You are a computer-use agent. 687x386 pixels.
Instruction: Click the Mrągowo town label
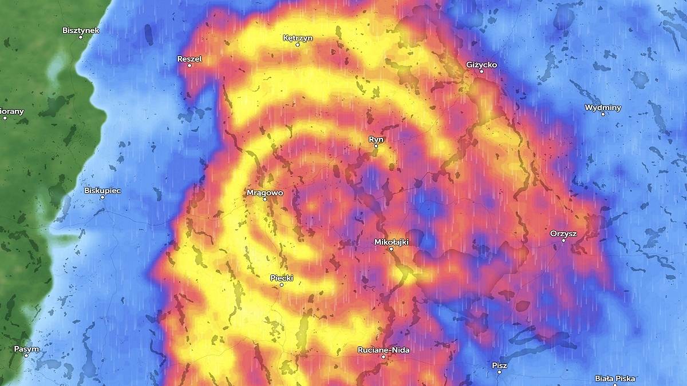click(x=264, y=193)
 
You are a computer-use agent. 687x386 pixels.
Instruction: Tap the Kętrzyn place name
click(x=298, y=38)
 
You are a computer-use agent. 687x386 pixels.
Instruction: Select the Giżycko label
click(x=481, y=65)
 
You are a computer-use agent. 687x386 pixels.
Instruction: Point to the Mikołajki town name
click(x=392, y=242)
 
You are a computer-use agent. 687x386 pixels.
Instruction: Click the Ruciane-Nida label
click(x=384, y=349)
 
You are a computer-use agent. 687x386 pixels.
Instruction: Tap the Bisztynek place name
click(x=81, y=30)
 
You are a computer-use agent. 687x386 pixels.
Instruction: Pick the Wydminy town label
click(x=603, y=108)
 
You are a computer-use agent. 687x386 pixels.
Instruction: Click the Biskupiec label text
click(x=102, y=190)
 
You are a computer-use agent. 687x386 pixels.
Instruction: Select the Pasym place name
click(x=27, y=348)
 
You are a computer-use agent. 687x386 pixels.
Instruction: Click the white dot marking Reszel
click(x=189, y=65)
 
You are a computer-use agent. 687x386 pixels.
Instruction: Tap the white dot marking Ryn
click(x=376, y=146)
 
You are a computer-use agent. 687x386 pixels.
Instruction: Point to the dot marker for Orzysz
click(x=563, y=240)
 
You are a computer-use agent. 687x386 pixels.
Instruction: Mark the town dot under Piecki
click(x=281, y=285)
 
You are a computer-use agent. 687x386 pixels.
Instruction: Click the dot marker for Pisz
click(x=499, y=372)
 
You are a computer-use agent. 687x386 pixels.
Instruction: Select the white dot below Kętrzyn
click(x=298, y=45)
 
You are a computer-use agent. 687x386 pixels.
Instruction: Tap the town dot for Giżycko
click(x=481, y=71)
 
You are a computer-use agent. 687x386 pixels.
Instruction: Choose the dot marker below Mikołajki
click(x=392, y=249)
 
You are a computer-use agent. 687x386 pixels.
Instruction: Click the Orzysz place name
click(x=563, y=233)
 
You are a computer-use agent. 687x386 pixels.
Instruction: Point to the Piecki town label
click(x=281, y=278)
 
